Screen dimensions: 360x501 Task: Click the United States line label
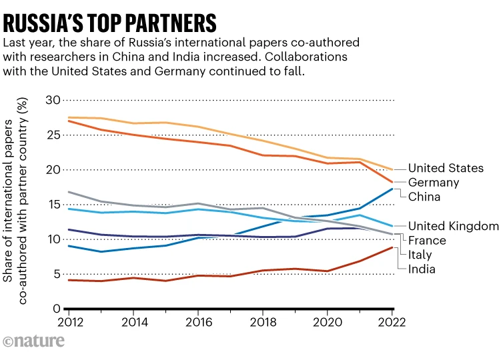446,168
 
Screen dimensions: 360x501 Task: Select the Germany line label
433,182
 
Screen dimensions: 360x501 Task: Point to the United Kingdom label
454,226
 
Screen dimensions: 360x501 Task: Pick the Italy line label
420,255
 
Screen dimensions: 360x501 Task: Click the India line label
422,269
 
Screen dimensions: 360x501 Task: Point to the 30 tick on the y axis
52,100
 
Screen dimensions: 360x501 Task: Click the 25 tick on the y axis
52,135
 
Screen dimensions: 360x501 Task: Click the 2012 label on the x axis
68,322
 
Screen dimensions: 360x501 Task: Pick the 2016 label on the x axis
197,322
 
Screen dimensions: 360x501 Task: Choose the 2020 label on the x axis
328,322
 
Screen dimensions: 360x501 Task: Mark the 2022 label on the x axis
392,322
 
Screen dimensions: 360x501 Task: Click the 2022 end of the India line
392,247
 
